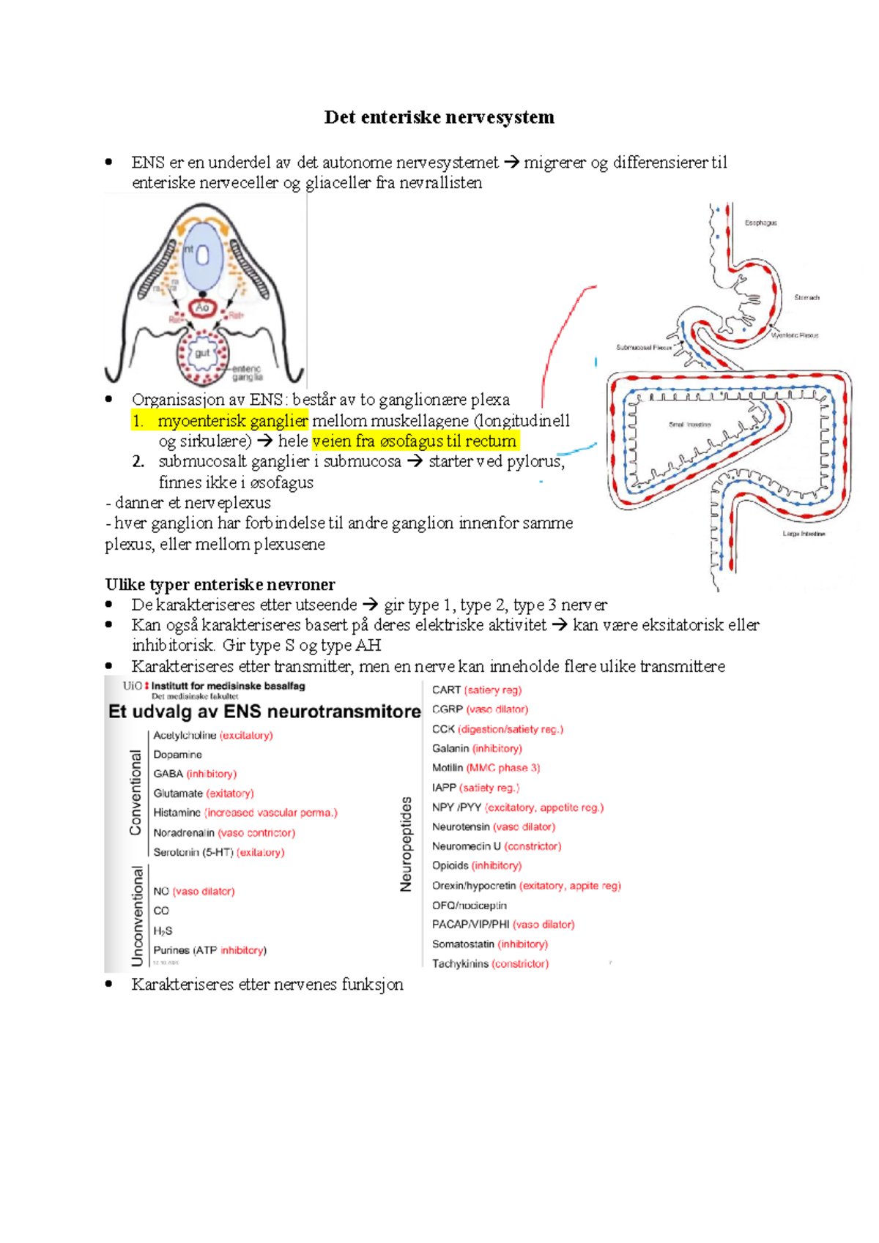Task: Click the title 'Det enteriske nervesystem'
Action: click(439, 117)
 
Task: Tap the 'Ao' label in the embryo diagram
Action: click(202, 307)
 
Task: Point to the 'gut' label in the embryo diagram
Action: click(202, 353)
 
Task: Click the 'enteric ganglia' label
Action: click(247, 373)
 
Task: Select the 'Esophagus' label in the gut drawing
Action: click(760, 223)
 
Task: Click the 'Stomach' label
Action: click(806, 298)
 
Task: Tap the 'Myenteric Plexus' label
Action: click(794, 335)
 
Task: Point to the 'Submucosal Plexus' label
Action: click(644, 348)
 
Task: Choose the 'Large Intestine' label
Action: click(804, 534)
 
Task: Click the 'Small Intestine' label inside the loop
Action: click(689, 425)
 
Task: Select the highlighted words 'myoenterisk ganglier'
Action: click(232, 421)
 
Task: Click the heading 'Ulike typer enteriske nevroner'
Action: click(220, 584)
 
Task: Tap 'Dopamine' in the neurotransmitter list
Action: click(177, 755)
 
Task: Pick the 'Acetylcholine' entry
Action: click(185, 735)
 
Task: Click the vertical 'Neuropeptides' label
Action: click(406, 844)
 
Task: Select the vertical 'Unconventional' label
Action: click(137, 916)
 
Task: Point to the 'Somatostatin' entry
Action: click(463, 944)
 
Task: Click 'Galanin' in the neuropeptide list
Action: click(450, 748)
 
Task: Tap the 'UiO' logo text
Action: click(133, 686)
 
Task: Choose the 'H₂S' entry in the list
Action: click(163, 930)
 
